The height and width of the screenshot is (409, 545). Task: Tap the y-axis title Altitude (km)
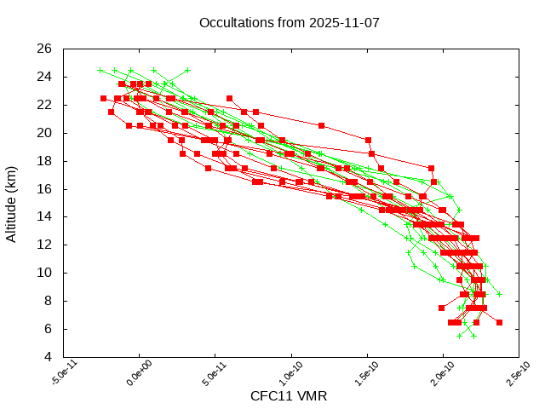click(12, 203)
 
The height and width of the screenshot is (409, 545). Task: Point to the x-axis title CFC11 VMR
click(289, 396)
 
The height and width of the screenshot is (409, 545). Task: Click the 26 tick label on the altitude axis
click(44, 49)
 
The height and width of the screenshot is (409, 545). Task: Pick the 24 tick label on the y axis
click(44, 77)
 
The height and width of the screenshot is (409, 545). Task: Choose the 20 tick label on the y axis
click(44, 133)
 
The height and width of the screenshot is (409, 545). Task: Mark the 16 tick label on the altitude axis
click(44, 189)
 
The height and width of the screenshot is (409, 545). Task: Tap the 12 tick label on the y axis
click(44, 245)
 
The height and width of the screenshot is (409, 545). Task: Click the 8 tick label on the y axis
click(48, 301)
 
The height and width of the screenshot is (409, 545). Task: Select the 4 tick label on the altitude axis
click(48, 357)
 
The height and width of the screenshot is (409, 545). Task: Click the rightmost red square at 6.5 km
click(499, 322)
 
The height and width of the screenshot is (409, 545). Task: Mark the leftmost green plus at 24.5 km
click(100, 70)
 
